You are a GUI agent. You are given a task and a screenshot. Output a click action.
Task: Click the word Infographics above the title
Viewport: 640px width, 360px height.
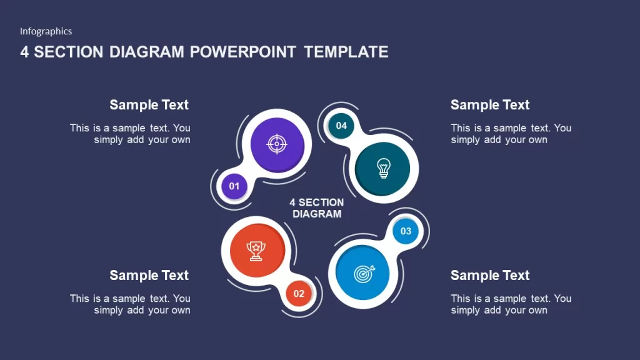pos(46,31)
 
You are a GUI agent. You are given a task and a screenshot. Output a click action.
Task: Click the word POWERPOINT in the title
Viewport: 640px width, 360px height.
pos(243,52)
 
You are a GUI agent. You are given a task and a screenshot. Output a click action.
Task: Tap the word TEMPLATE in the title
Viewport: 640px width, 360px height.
pos(346,52)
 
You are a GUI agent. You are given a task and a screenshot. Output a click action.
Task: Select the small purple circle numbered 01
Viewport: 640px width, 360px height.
pos(234,186)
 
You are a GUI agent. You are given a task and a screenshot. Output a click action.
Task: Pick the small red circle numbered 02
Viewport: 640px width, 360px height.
pos(299,294)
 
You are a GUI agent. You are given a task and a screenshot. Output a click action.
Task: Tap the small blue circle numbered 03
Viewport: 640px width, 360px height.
pos(406,231)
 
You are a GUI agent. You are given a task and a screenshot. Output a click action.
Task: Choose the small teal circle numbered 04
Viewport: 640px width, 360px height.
pos(341,126)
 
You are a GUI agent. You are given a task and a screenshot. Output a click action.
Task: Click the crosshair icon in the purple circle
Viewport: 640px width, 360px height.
pos(277,144)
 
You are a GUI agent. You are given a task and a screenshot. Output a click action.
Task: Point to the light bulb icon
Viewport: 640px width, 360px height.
pos(383,168)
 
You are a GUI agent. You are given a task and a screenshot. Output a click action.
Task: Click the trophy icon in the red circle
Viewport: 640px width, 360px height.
pos(256,251)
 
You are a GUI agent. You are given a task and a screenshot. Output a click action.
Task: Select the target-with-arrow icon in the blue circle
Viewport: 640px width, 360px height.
pos(364,274)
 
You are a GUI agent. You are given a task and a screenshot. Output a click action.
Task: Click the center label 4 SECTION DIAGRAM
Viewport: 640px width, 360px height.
pos(317,208)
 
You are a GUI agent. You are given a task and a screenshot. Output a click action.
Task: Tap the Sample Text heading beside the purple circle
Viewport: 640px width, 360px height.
pos(149,105)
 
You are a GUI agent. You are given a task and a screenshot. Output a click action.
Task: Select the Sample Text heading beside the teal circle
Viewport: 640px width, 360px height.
pos(490,105)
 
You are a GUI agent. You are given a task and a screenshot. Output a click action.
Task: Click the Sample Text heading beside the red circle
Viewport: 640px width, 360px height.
pos(149,276)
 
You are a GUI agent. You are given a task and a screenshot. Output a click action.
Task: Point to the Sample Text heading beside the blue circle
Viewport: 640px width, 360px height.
pos(490,276)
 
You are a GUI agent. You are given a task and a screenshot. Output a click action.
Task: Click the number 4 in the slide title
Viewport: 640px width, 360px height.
pos(24,52)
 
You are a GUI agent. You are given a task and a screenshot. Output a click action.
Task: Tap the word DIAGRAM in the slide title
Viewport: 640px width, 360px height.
pos(146,52)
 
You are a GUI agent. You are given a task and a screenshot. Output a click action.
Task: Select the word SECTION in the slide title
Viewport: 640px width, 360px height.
pos(69,52)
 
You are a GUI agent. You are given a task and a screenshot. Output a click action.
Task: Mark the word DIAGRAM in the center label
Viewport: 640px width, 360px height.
pos(317,214)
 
